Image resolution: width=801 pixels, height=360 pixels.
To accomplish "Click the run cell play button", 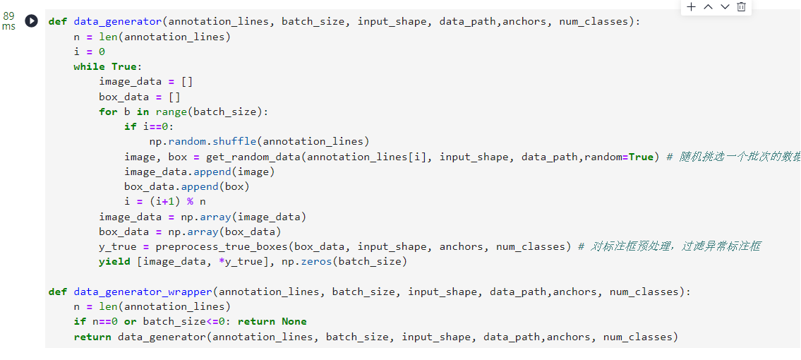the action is pos(32,21).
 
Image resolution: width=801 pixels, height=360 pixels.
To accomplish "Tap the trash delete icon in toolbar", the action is pos(741,6).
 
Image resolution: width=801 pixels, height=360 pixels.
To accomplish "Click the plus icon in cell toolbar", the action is pos(691,6).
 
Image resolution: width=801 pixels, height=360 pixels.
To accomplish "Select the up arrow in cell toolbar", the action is pos(708,6).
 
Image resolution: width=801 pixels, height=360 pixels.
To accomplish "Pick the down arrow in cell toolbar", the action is pos(725,6).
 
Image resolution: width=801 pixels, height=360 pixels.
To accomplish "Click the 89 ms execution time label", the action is pos(8,21).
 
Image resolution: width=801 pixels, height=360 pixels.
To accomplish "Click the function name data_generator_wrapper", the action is pos(143,292).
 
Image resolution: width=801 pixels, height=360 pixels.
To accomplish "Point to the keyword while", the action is pos(90,67).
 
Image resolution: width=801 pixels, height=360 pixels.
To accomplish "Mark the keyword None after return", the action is pos(294,322).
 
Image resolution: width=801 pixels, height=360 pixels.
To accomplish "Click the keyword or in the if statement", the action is pos(131,322).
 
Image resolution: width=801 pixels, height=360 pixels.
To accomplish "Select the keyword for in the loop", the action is pos(108,112).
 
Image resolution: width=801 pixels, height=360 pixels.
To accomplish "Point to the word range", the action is pos(171,112).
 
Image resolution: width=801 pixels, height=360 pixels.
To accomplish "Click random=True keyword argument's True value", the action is pos(641,157).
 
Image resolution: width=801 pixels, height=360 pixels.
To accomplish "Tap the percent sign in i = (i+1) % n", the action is pos(191,202).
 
